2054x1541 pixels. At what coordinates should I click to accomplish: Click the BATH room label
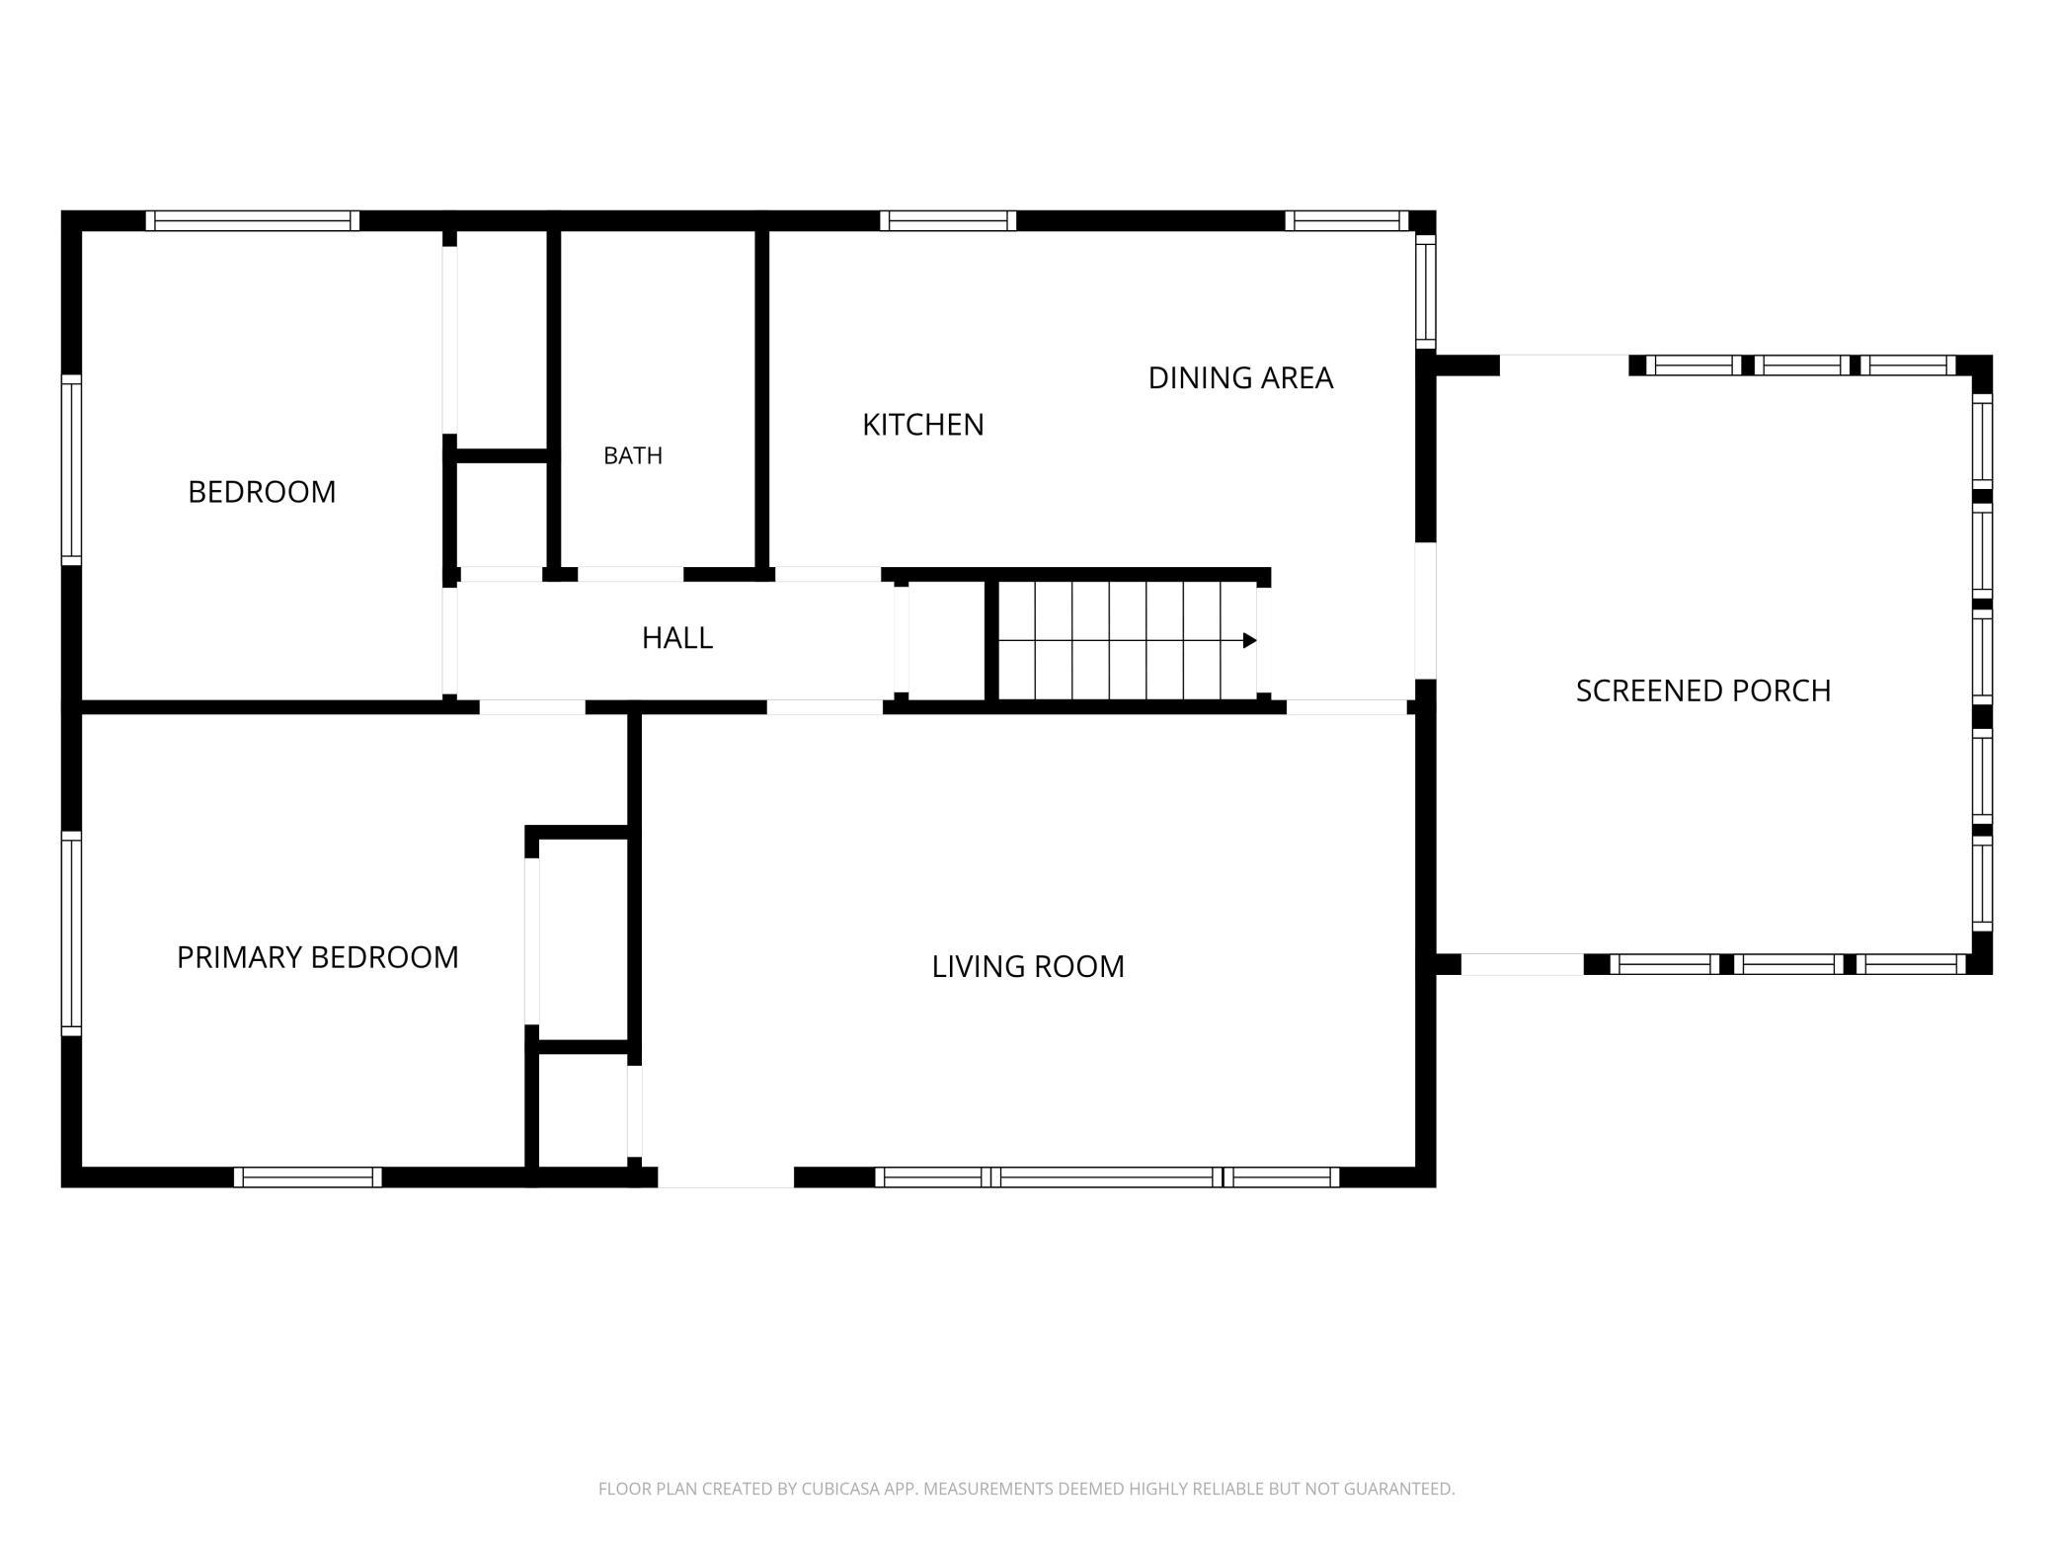coord(633,455)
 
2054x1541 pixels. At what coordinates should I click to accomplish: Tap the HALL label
coord(677,638)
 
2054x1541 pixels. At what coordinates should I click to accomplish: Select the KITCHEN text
coord(923,425)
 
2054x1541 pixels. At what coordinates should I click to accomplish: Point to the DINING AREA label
coord(1240,377)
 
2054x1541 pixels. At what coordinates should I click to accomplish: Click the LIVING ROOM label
coord(1028,966)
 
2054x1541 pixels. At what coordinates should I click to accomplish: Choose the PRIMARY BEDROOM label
coord(317,957)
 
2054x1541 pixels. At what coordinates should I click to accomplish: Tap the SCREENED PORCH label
coord(1703,690)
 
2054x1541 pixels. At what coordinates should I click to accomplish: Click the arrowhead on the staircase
coord(1250,640)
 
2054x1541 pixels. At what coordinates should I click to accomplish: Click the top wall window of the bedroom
coord(253,220)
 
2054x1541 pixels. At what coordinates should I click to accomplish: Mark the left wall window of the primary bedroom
coord(71,933)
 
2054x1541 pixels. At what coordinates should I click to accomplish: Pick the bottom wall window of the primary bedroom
coord(308,1176)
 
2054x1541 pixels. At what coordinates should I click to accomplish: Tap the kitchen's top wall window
coord(948,220)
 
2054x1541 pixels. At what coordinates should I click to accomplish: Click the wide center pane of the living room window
coord(1107,1176)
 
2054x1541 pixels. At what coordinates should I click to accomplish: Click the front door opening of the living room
coord(726,1176)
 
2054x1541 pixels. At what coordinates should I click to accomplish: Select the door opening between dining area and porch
coord(1425,610)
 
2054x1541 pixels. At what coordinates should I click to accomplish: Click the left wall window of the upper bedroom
coord(71,470)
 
